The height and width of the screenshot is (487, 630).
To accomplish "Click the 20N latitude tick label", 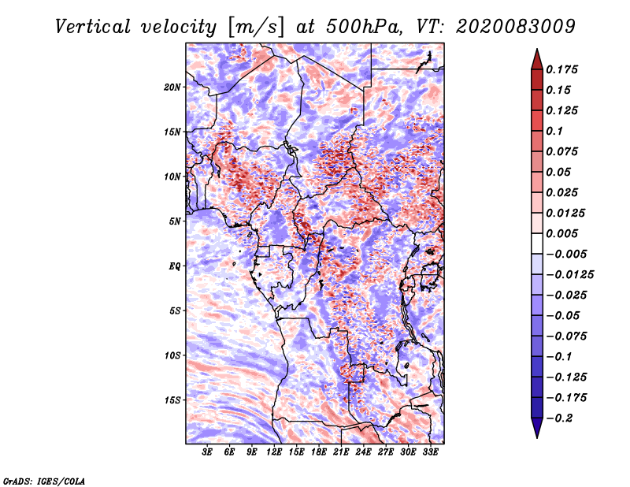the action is (172, 87).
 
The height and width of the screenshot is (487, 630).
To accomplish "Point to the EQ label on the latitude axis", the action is (175, 266).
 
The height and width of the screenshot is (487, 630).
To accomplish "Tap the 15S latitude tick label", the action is (172, 400).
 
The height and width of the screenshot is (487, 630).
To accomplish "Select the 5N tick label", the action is (175, 221).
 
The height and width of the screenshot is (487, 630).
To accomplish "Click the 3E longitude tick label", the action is (207, 452).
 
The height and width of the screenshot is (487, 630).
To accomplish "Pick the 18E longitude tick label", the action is (319, 452).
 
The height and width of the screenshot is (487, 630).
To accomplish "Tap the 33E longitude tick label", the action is (430, 452).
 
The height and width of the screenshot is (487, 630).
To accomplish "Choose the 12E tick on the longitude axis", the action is (274, 452).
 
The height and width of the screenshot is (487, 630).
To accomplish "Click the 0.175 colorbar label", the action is (561, 69).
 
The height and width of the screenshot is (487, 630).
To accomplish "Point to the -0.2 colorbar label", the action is (559, 418).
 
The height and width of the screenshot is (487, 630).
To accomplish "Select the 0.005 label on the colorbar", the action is (561, 233).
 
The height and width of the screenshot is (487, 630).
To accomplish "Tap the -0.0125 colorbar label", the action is (569, 275).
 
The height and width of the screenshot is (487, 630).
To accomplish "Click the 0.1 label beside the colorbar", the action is (554, 131).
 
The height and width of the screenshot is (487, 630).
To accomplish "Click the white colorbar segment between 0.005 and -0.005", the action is (537, 243).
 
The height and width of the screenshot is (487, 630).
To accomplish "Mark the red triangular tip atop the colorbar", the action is (537, 59).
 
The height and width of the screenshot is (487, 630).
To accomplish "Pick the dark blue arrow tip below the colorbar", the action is (537, 428).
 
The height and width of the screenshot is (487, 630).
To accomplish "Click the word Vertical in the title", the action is (93, 27).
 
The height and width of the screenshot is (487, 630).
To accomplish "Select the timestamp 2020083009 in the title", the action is (516, 27).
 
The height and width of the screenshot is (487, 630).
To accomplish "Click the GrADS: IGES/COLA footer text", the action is (44, 481).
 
